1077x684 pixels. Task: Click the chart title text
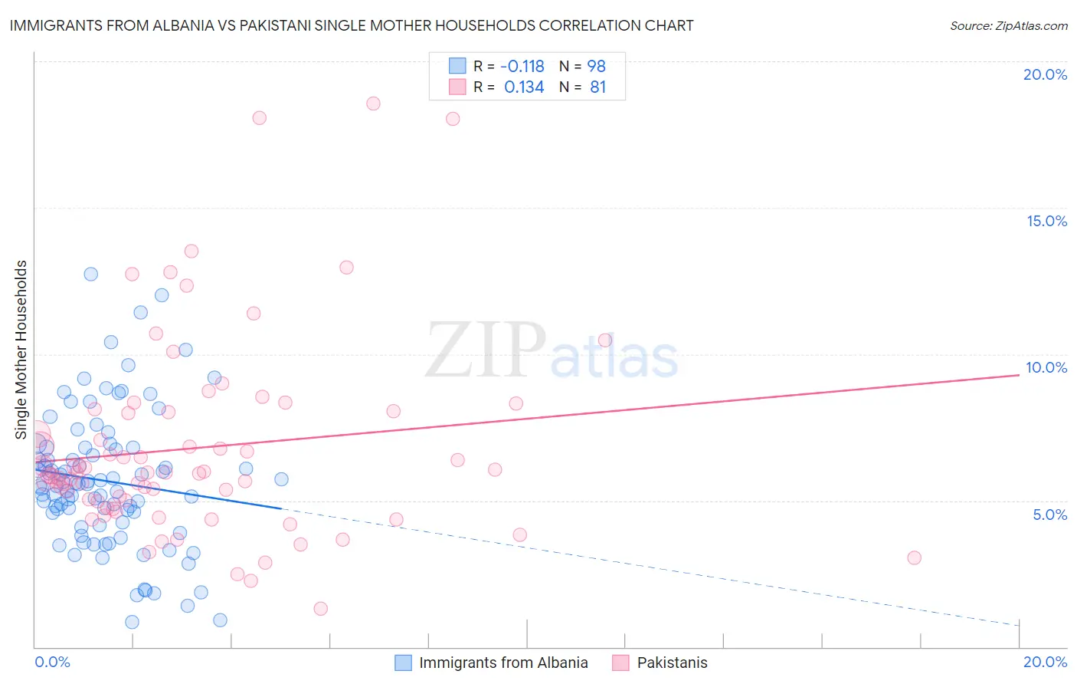click(x=352, y=25)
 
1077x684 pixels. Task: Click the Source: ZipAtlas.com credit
click(x=1008, y=26)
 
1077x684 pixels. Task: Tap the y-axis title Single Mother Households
click(x=21, y=350)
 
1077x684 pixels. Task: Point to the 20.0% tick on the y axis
click(x=1045, y=74)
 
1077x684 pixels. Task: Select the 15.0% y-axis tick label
click(x=1046, y=221)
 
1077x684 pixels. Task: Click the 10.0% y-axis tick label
click(x=1046, y=367)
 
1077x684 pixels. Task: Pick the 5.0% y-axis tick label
click(x=1049, y=515)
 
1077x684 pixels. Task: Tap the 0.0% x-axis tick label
click(x=52, y=662)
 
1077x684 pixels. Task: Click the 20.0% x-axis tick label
click(x=1045, y=662)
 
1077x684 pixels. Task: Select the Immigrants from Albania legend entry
click(x=493, y=663)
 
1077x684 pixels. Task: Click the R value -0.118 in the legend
click(x=524, y=66)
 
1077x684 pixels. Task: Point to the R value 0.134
click(x=524, y=87)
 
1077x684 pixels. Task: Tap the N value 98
click(x=597, y=66)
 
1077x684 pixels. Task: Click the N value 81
click(x=598, y=87)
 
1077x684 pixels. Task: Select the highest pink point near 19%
click(x=373, y=104)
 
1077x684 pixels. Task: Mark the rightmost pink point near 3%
click(x=914, y=557)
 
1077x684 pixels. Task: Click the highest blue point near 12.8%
click(x=90, y=274)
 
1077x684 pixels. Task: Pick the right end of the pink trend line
click(x=1019, y=375)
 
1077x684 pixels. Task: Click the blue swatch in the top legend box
click(x=457, y=66)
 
